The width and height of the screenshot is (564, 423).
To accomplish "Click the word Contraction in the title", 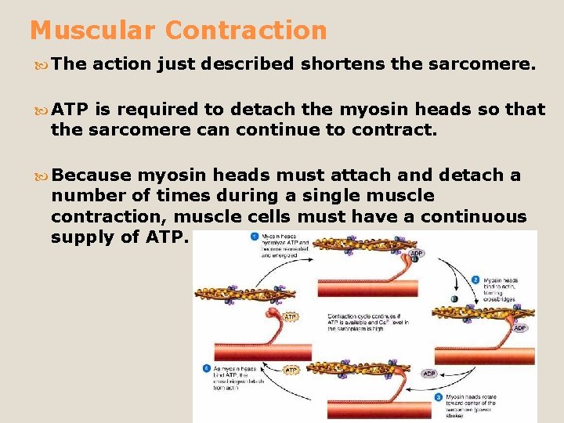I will coord(246,31).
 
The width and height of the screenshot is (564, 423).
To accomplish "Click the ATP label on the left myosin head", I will coord(290,316).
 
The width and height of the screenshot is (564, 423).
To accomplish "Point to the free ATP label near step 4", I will coord(291,370).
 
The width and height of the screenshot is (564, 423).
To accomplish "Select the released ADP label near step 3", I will coord(429,374).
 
